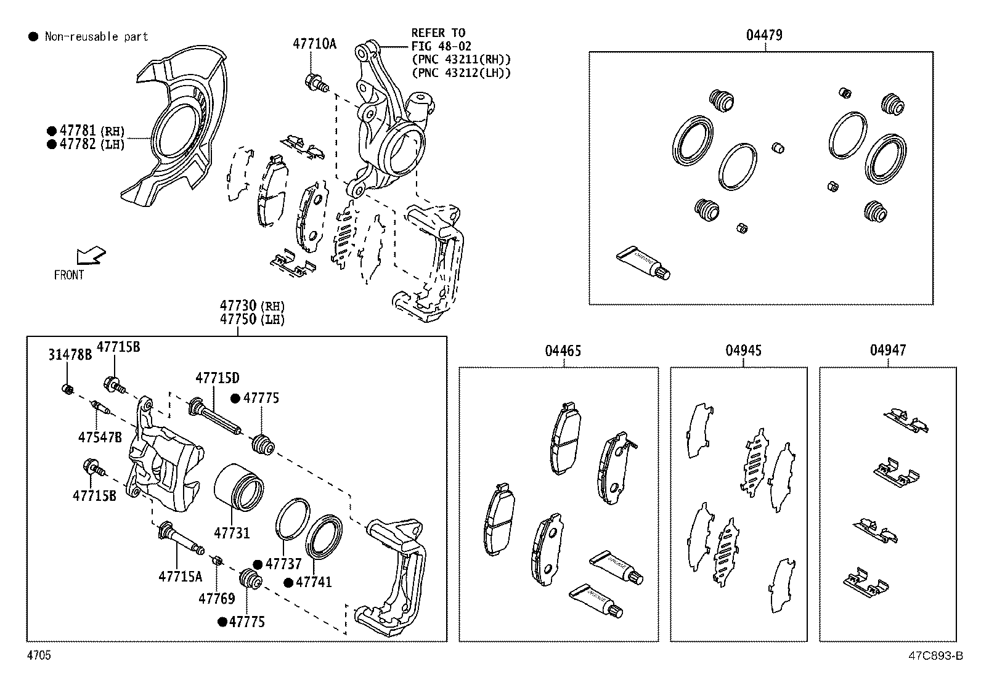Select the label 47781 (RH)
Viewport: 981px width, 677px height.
point(92,131)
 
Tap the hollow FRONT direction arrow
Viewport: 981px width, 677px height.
point(91,255)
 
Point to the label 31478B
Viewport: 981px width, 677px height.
point(70,354)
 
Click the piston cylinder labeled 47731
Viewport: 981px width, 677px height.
point(239,486)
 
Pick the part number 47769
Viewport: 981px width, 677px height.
point(216,598)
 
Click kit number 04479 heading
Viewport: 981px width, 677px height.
point(764,35)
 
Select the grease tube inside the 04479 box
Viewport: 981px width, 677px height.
point(643,263)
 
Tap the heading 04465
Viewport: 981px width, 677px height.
point(562,351)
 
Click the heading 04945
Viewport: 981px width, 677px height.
point(743,351)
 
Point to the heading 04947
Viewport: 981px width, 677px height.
point(887,351)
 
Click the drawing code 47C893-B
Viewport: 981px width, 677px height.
point(934,656)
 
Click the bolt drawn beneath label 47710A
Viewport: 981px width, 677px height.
point(316,81)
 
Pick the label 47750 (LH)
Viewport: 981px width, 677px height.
point(253,319)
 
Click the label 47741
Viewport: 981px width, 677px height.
point(314,582)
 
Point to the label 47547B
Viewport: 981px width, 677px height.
point(100,437)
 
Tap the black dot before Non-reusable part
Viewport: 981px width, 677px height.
point(33,37)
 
